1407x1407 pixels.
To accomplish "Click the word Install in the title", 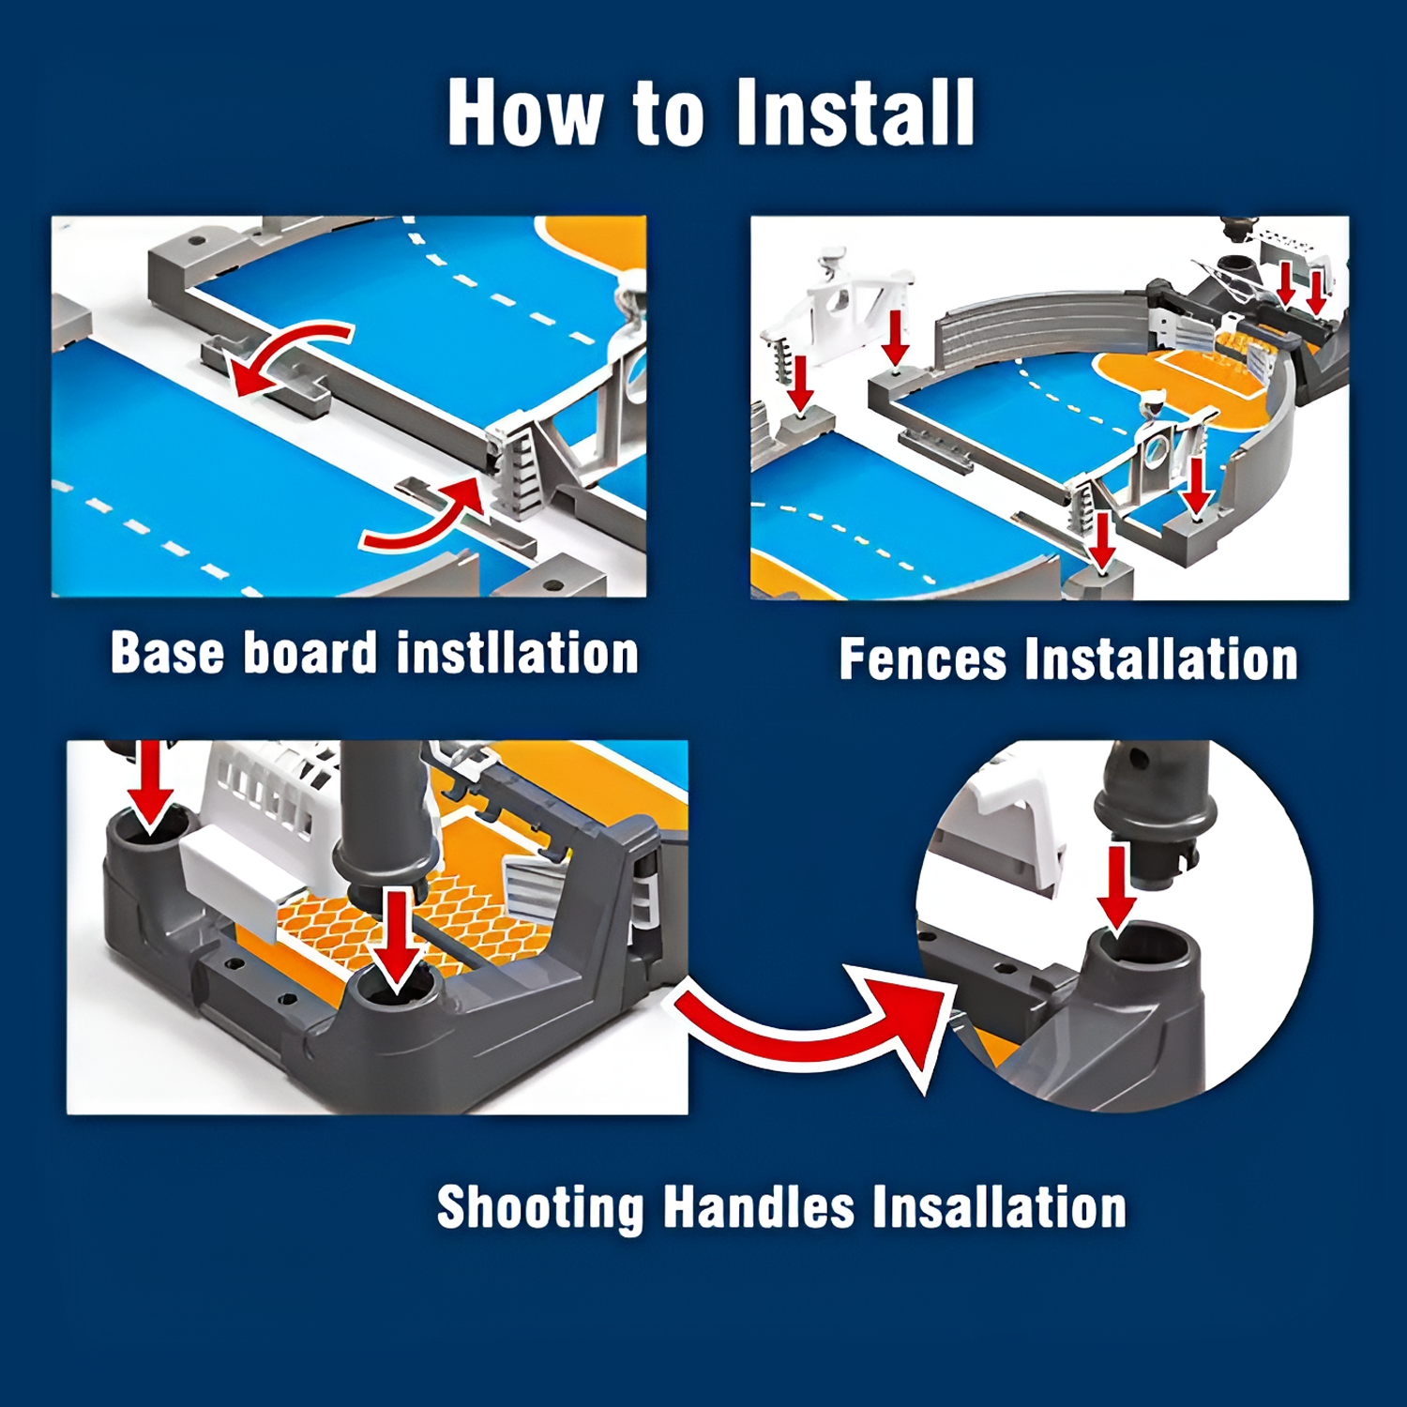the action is click(855, 113).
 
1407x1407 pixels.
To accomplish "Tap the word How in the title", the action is click(525, 113).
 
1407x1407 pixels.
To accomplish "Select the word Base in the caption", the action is click(168, 653).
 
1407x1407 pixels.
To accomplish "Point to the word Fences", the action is click(923, 659).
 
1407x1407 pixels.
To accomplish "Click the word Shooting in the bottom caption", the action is click(541, 1208).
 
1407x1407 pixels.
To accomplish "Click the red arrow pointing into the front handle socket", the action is click(398, 938).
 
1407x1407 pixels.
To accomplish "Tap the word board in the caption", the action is click(310, 653).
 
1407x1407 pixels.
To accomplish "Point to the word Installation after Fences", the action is click(1161, 659).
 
